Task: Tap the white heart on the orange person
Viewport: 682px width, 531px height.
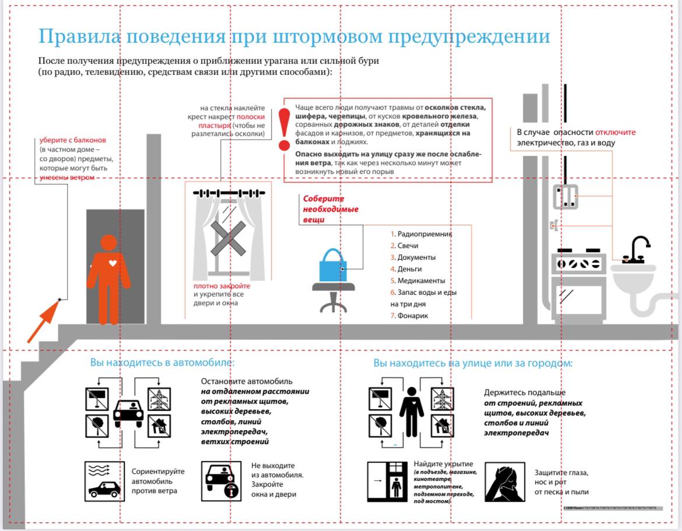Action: coord(113,263)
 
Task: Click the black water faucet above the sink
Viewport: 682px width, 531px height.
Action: coord(638,249)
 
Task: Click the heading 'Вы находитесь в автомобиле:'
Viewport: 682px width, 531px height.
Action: coord(162,362)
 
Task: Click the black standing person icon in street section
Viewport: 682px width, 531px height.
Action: coord(412,411)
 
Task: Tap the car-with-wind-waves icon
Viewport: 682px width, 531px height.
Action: coord(104,481)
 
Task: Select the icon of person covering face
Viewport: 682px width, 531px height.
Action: coord(504,481)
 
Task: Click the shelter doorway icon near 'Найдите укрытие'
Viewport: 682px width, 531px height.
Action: coord(389,482)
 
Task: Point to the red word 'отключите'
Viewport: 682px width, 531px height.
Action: coord(616,132)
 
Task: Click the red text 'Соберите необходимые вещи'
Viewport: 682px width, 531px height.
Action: coord(330,209)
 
